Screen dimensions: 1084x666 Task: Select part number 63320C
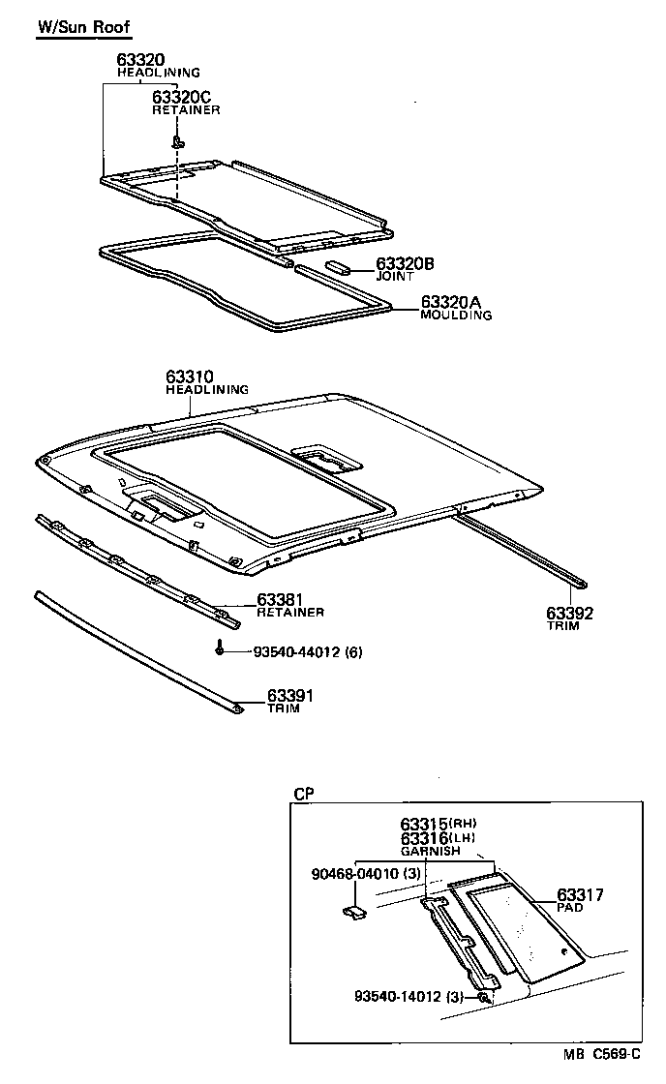click(183, 97)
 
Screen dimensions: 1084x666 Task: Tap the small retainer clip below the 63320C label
click(178, 141)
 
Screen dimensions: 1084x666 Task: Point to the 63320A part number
click(455, 302)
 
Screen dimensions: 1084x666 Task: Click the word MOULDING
click(456, 316)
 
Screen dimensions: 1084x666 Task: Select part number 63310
click(189, 376)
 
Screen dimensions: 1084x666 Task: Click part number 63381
click(280, 599)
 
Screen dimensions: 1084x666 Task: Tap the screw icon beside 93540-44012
click(222, 650)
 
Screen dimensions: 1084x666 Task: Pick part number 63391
click(290, 695)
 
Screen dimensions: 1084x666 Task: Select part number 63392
click(569, 614)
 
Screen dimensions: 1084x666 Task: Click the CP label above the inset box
click(303, 793)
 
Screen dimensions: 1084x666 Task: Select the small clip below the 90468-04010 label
click(354, 911)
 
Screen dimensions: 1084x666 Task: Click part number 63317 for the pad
click(580, 895)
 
